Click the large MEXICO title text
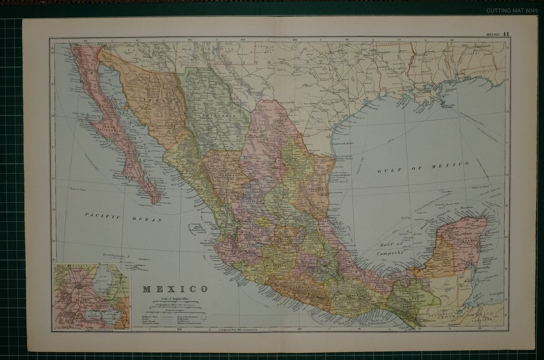pyautogui.click(x=175, y=288)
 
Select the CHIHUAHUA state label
pyautogui.click(x=217, y=117)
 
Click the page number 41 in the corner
pyautogui.click(x=506, y=34)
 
